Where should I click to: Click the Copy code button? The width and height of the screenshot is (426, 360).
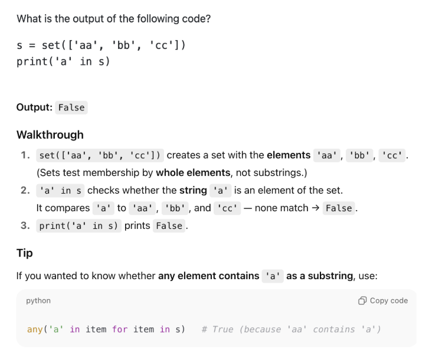[x=384, y=300]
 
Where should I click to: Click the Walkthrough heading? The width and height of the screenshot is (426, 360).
[x=50, y=135]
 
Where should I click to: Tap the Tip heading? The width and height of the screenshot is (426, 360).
[x=25, y=253]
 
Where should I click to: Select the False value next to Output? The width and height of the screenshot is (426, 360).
[x=71, y=107]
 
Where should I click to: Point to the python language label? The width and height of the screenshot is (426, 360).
[x=38, y=300]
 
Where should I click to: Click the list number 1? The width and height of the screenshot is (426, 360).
[x=25, y=155]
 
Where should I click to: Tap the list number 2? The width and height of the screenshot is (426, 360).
[x=25, y=190]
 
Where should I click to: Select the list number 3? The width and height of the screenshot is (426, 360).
[x=25, y=225]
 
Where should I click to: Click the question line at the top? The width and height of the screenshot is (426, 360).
[x=114, y=18]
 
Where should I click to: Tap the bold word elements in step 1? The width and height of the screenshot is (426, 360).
[x=289, y=155]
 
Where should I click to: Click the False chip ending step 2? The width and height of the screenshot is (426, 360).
[x=339, y=208]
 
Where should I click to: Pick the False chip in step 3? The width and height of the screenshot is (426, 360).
[x=169, y=225]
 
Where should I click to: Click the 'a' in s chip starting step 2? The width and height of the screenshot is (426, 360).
[x=60, y=190]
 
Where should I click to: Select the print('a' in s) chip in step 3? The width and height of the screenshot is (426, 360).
[x=79, y=225]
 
